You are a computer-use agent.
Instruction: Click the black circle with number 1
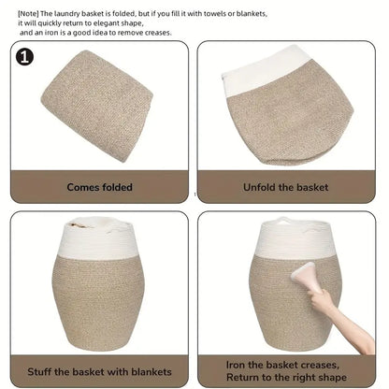(x=24, y=57)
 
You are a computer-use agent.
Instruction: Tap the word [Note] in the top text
(x=28, y=14)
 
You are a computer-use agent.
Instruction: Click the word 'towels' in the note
(x=214, y=14)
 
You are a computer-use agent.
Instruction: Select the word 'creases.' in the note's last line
(x=158, y=33)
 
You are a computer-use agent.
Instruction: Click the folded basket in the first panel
(x=97, y=106)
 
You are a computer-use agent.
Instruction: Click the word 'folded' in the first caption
(x=117, y=187)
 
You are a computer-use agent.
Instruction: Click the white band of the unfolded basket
(x=265, y=75)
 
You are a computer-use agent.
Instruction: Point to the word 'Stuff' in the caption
(x=39, y=372)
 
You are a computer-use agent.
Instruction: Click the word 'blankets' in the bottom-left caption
(x=151, y=372)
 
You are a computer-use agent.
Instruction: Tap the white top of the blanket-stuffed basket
(x=99, y=238)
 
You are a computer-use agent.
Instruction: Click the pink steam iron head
(x=302, y=275)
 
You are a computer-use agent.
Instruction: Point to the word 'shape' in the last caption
(x=333, y=378)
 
